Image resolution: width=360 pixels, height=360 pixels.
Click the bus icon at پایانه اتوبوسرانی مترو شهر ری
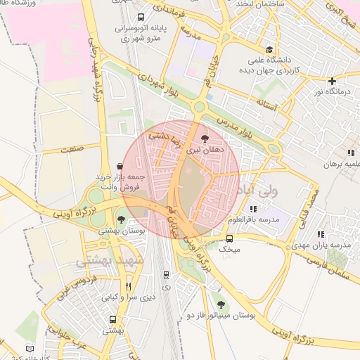click(x=141, y=18)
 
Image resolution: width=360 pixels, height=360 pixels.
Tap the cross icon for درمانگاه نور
click(x=332, y=81)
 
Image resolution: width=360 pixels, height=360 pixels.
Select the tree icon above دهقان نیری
click(x=205, y=138)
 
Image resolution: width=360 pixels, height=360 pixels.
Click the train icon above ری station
click(x=166, y=275)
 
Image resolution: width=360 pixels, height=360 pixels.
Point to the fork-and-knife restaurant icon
click(x=128, y=285)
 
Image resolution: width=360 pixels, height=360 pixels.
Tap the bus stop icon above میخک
click(x=229, y=238)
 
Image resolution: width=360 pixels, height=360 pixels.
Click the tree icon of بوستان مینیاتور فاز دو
click(x=221, y=304)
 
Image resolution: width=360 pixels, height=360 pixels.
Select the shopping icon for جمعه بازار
click(x=119, y=166)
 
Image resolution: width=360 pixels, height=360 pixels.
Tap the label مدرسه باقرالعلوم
click(x=259, y=219)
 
